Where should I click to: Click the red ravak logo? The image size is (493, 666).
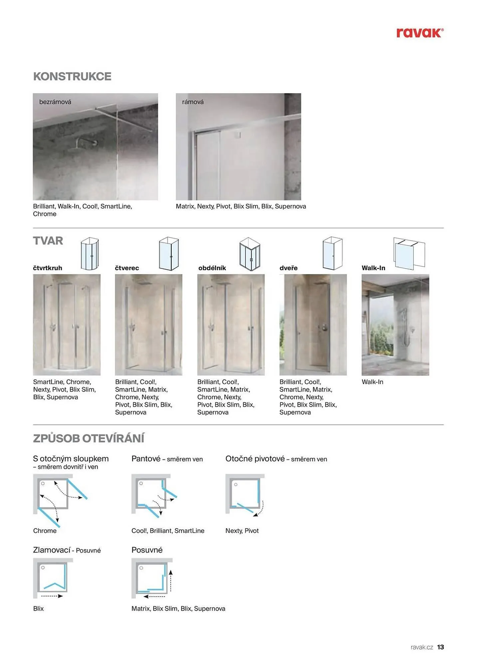point(419,33)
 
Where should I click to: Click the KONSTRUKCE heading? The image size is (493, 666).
point(72,76)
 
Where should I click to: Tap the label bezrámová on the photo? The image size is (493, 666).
point(55,102)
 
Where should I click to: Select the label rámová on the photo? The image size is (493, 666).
point(193,102)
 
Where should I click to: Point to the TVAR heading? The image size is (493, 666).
point(48,240)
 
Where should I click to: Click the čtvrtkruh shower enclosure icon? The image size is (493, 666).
point(90,254)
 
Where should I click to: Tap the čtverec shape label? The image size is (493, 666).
point(127,268)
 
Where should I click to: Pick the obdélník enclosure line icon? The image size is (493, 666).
point(250,254)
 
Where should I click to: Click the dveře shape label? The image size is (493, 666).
point(288,268)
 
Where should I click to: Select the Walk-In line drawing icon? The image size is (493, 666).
point(409,253)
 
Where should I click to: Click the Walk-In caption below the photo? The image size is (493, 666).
point(372,382)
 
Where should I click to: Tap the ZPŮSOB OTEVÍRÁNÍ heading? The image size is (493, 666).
point(89,438)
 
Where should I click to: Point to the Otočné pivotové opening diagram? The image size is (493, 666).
point(245,495)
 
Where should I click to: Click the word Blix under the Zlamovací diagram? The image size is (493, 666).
point(38,608)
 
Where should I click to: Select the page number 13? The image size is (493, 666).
point(440,647)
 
